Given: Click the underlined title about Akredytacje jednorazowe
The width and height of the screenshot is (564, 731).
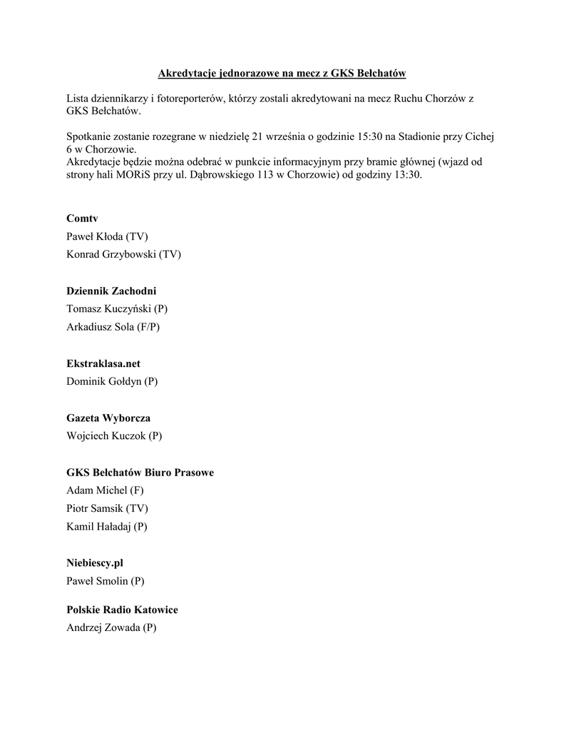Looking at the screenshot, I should [x=282, y=74].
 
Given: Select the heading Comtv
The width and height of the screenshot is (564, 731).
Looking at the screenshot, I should [x=82, y=218].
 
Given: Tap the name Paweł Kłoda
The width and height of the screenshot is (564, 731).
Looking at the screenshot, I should [x=95, y=236].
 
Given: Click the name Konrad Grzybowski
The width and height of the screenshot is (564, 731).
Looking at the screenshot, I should [x=111, y=253].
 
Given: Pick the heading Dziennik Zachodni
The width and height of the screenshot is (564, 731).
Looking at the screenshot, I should [x=111, y=291].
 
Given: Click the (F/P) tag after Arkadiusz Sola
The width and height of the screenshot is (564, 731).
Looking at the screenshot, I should [x=148, y=327].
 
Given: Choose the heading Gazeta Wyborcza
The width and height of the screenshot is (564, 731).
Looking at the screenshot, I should [x=108, y=418].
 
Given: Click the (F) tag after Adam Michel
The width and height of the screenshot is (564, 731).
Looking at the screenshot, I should [x=138, y=490].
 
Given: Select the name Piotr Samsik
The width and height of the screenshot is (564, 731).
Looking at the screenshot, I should [x=95, y=508].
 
